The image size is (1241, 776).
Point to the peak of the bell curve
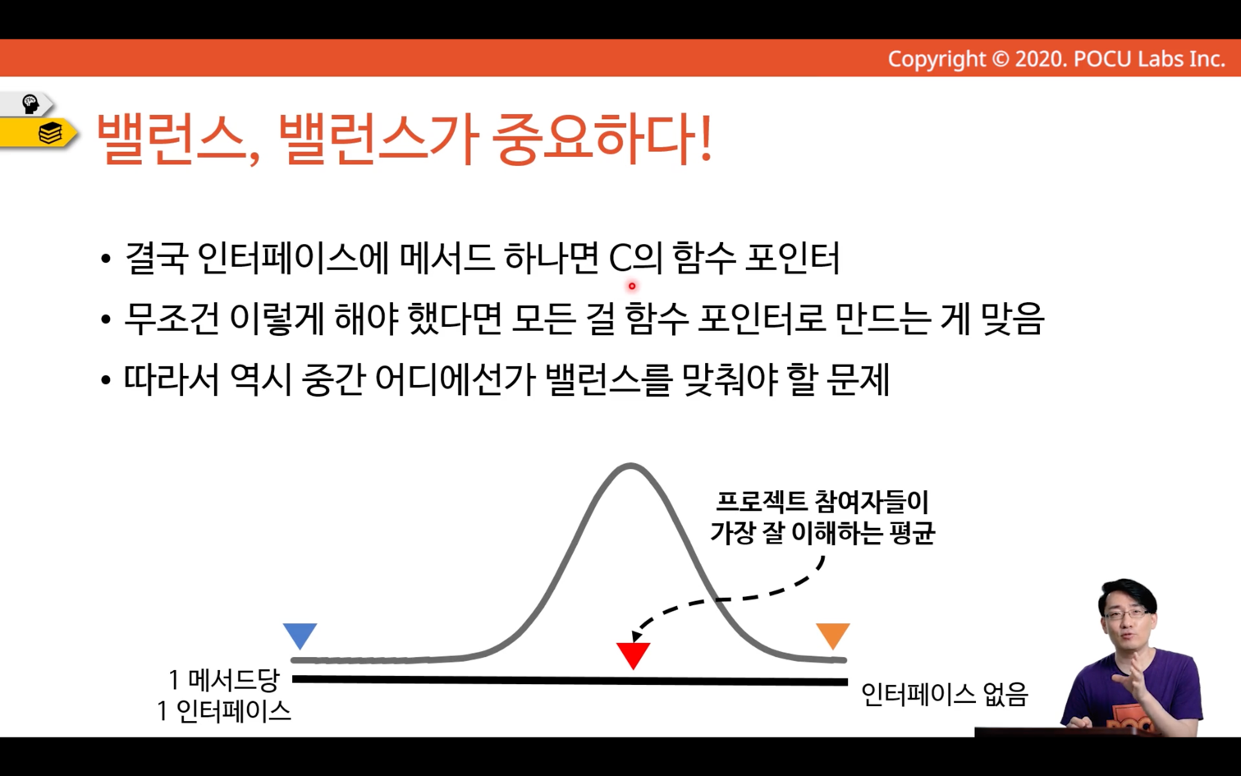(x=630, y=466)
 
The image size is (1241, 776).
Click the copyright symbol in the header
(x=1000, y=59)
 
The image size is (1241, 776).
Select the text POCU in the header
(x=1102, y=59)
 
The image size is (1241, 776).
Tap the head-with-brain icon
(x=30, y=103)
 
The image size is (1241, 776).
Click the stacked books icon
(x=50, y=133)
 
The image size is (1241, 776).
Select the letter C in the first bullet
(x=620, y=259)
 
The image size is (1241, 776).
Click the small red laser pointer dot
(x=632, y=286)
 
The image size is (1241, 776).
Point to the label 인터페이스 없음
(x=945, y=694)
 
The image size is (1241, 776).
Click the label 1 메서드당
(x=224, y=680)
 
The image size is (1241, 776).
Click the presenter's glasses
(x=1128, y=613)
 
